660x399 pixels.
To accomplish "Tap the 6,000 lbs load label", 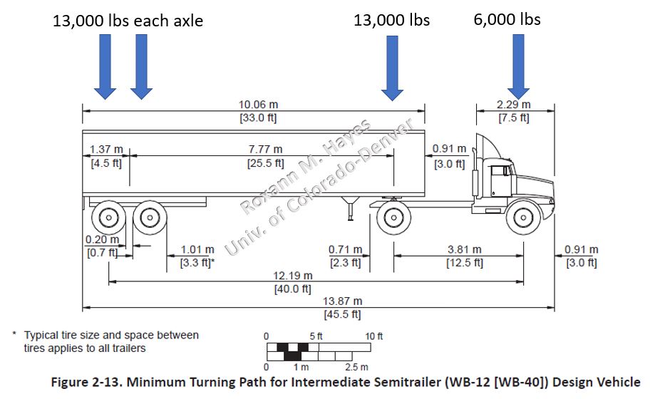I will (507, 19).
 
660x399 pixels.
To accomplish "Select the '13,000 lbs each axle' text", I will (128, 21).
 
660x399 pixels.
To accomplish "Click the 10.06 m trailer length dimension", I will (257, 105).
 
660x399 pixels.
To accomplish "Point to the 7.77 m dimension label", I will (264, 149).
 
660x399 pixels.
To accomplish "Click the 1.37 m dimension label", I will (105, 150).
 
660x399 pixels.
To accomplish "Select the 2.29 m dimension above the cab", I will (513, 105).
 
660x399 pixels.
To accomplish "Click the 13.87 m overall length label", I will (343, 301).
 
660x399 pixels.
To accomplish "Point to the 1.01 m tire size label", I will (197, 250).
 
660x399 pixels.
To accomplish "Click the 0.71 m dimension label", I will (345, 250).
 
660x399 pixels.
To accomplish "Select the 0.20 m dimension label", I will (100, 240).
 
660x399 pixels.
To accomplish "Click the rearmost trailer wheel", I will (109, 217).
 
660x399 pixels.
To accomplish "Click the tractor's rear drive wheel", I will (392, 217).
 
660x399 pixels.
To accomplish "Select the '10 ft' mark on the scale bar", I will (375, 336).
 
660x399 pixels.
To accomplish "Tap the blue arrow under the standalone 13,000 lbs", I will (392, 66).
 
